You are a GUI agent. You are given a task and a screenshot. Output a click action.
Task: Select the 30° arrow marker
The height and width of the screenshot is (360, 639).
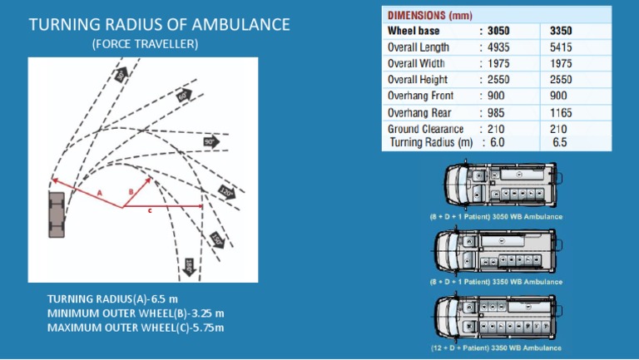(x=121, y=75)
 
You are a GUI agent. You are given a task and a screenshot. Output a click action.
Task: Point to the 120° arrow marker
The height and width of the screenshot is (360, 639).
(x=226, y=193)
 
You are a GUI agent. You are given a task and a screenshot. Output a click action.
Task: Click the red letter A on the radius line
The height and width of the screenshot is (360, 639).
(x=99, y=191)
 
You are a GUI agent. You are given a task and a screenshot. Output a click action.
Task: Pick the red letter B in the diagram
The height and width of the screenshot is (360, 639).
(x=131, y=191)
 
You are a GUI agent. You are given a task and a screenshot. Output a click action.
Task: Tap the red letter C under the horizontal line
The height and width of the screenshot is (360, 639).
(x=149, y=211)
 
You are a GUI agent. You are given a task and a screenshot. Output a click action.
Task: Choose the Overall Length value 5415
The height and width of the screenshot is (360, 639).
(x=561, y=47)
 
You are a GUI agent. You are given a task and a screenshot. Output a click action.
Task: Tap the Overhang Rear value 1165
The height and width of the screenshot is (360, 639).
(x=561, y=112)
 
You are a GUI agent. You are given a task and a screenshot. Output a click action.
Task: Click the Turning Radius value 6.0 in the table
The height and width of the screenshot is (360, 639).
(x=498, y=142)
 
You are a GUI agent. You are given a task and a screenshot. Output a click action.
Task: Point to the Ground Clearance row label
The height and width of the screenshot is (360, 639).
(x=426, y=129)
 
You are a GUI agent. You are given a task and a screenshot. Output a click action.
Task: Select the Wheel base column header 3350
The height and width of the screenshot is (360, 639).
(x=561, y=31)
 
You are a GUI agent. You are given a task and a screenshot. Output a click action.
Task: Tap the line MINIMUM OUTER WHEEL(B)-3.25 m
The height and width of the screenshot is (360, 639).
(x=136, y=313)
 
